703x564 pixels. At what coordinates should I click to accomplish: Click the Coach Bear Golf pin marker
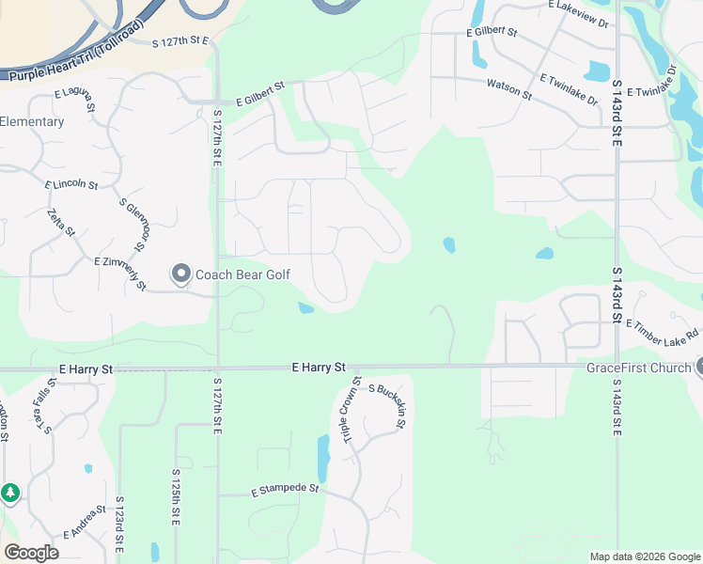[x=180, y=274]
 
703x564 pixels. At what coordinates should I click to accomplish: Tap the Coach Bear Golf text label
[x=242, y=275]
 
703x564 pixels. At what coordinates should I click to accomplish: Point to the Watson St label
[x=509, y=89]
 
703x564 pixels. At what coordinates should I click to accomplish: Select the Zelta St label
[x=60, y=224]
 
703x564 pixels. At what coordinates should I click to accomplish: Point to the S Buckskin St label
[x=386, y=405]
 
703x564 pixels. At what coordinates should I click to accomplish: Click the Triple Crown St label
[x=351, y=412]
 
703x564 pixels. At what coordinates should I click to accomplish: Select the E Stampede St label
[x=286, y=490]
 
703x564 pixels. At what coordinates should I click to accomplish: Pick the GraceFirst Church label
[x=638, y=368]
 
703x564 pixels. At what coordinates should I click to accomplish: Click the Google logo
[x=31, y=553]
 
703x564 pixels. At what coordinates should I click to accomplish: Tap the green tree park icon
[x=9, y=493]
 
